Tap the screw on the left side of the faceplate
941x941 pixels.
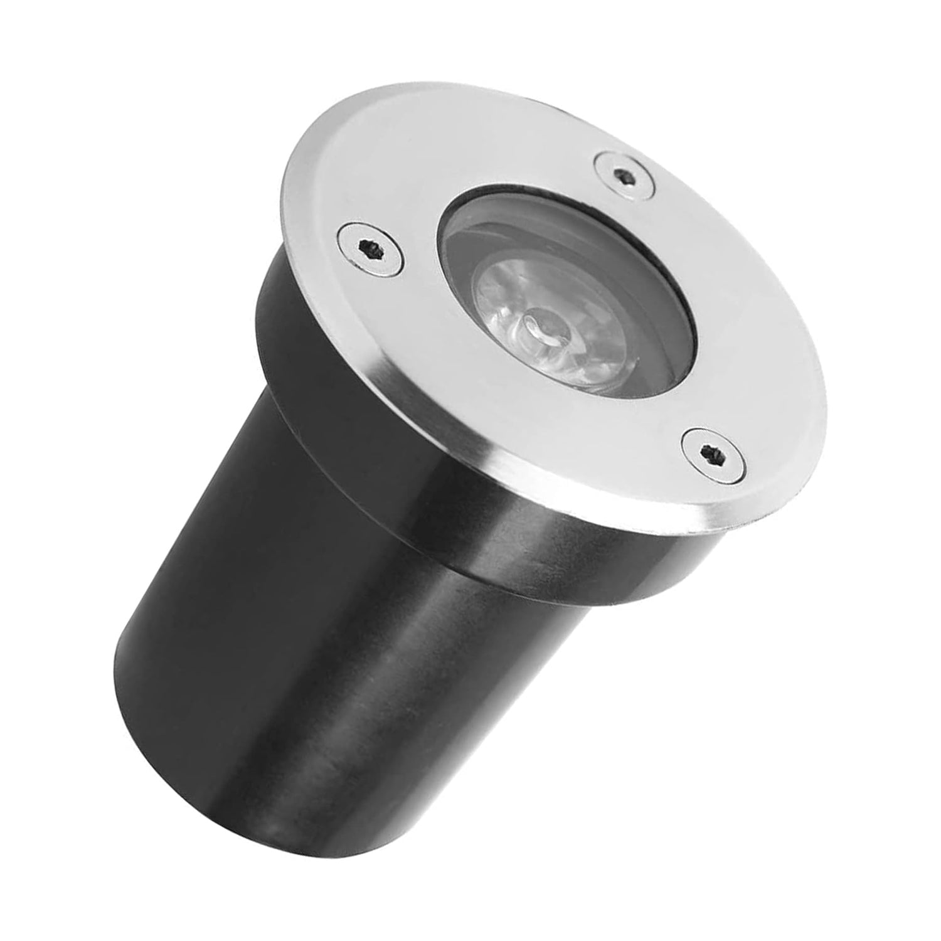(x=369, y=248)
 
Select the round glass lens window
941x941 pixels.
(x=565, y=295)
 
